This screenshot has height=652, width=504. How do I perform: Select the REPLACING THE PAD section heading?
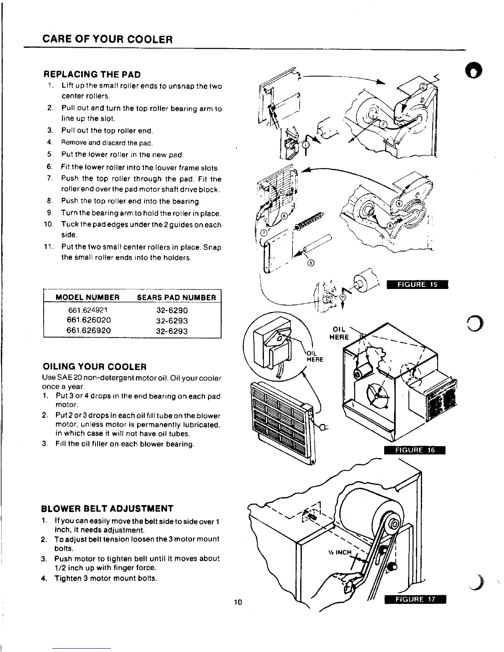pyautogui.click(x=92, y=75)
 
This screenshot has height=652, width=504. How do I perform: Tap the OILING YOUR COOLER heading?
pyautogui.click(x=95, y=366)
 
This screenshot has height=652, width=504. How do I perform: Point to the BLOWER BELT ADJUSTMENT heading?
pyautogui.click(x=108, y=508)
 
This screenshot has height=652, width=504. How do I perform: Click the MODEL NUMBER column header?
pyautogui.click(x=87, y=297)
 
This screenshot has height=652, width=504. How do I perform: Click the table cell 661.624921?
pyautogui.click(x=87, y=310)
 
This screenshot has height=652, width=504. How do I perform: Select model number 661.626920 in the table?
pyautogui.click(x=88, y=331)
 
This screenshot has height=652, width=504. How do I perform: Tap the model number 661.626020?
pyautogui.click(x=88, y=320)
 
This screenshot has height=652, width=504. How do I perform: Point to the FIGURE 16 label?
pyautogui.click(x=415, y=450)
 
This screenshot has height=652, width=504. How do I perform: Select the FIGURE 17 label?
pyautogui.click(x=415, y=599)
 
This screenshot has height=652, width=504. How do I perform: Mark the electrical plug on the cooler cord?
pyautogui.click(x=325, y=427)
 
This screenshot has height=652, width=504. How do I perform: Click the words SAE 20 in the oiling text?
pyautogui.click(x=63, y=378)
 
